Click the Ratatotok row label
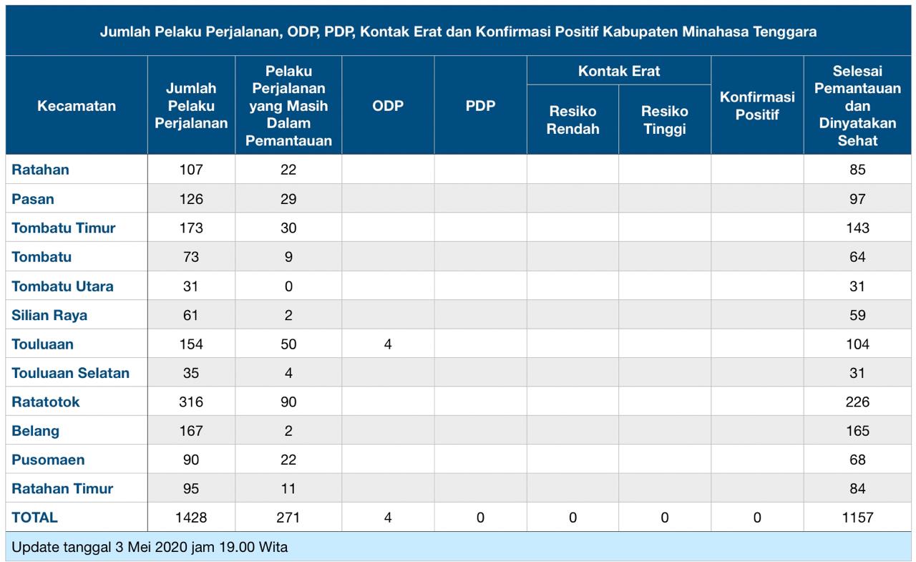coord(46,402)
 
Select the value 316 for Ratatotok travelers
coord(191,402)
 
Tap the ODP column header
coord(388,106)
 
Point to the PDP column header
coord(480,106)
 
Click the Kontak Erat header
coord(619,71)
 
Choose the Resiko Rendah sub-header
coord(572,120)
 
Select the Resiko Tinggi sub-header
coord(665,120)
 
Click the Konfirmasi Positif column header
coord(757,106)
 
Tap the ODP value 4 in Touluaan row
coord(388,344)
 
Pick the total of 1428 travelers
coord(191,517)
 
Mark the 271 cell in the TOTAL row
coord(288,517)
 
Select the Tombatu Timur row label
coord(64,228)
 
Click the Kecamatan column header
coord(77,106)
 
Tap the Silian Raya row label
coord(49,315)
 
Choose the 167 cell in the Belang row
coord(191,431)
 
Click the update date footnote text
coord(150,548)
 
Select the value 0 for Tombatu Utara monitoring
coord(288,286)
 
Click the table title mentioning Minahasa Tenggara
coord(458,32)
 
